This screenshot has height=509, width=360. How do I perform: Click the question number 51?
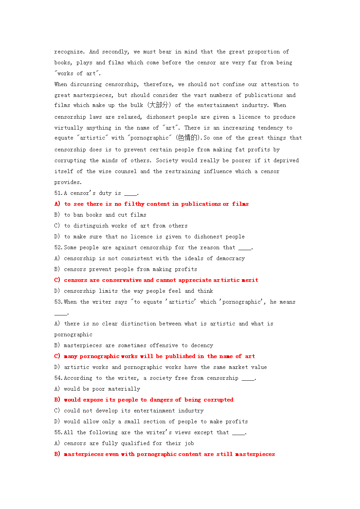tap(58, 193)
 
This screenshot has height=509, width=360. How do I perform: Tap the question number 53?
tap(58, 302)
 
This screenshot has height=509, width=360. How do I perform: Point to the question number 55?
tap(58, 432)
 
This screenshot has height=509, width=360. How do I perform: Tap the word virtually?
tap(69, 128)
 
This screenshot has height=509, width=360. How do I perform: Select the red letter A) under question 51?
tap(57, 204)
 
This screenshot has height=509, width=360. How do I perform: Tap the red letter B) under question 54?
tap(57, 400)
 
